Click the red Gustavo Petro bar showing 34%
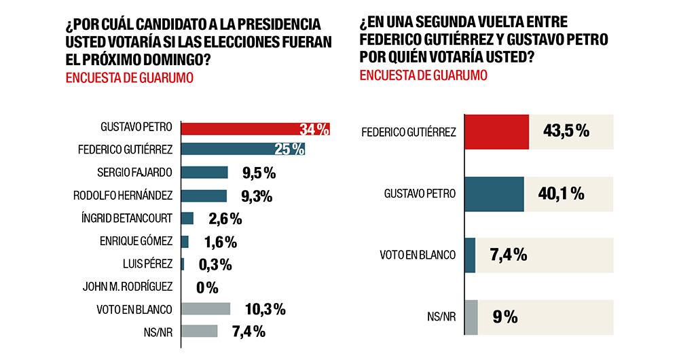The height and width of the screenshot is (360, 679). (255, 129)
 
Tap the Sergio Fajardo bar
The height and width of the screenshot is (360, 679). (205, 173)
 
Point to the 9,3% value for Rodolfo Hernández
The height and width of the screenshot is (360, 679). (257, 196)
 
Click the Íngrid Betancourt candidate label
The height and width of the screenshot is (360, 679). (127, 218)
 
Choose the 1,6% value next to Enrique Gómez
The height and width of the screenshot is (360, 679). (220, 242)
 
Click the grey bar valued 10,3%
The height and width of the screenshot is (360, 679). (206, 309)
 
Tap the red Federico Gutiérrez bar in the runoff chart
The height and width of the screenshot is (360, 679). (496, 132)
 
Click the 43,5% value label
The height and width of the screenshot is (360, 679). (566, 132)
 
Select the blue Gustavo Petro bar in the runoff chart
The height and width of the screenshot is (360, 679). (494, 194)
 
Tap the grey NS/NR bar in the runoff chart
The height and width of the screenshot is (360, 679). (471, 317)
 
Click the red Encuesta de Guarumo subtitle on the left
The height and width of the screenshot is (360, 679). (129, 77)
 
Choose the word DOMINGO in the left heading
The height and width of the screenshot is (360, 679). (169, 60)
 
